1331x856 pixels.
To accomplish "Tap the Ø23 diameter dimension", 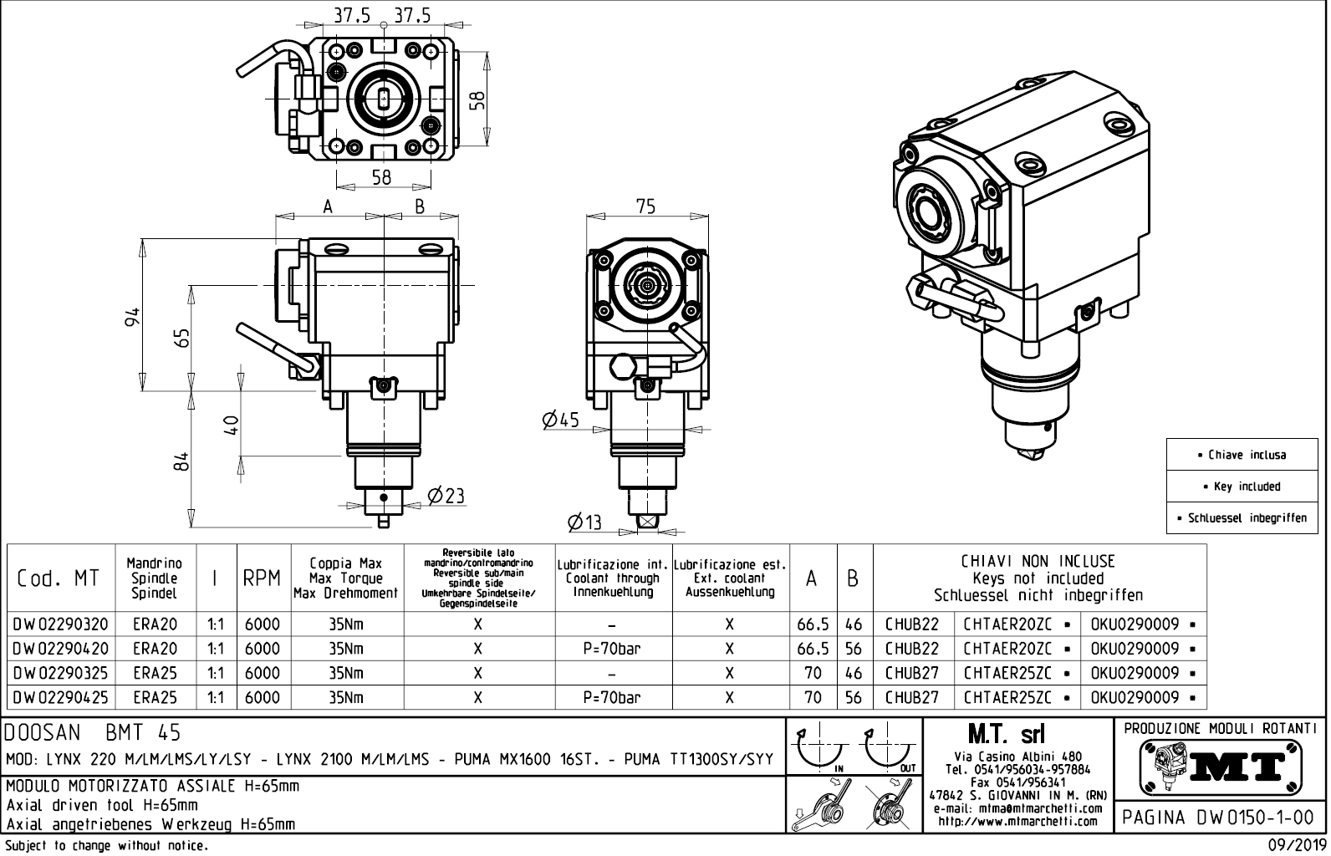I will [x=446, y=496].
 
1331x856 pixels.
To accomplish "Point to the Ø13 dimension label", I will [x=584, y=522].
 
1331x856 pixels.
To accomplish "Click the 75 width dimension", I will [x=645, y=206].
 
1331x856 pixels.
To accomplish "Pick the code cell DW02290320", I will [x=61, y=624].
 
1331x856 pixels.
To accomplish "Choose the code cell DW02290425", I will [x=61, y=697].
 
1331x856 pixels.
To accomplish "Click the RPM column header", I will [x=262, y=578].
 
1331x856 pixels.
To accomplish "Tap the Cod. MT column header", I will [x=58, y=578].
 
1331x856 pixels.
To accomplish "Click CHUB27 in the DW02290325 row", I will [x=912, y=673].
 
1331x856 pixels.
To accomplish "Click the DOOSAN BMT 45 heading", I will [x=93, y=734].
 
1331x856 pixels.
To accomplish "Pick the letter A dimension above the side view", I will [x=329, y=206].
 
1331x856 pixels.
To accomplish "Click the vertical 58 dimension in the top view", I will [x=477, y=99].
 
